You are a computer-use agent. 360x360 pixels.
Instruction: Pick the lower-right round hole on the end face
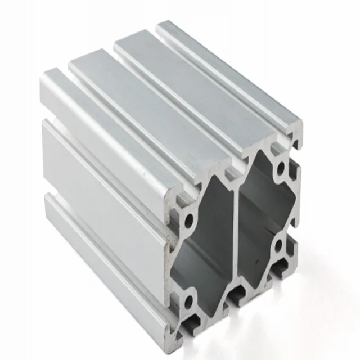[x=280, y=246]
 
